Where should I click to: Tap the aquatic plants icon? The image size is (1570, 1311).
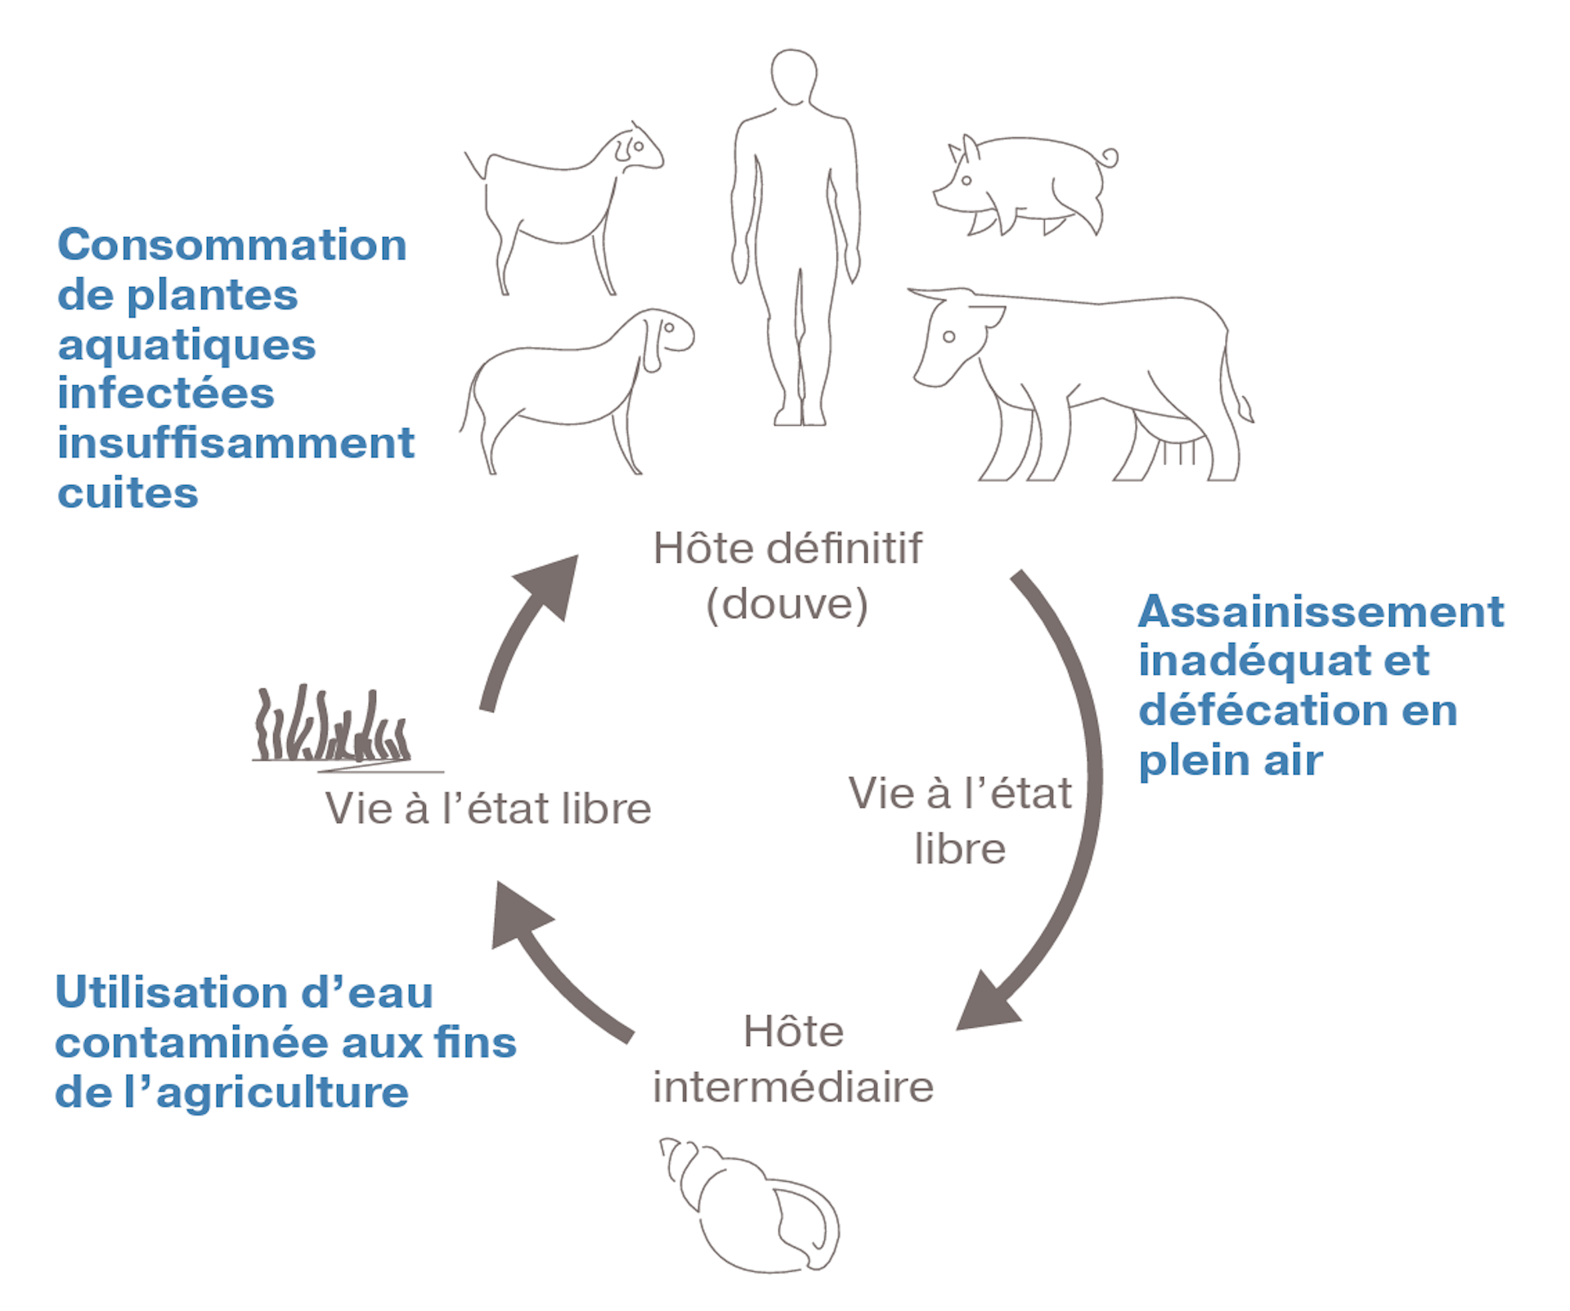331,728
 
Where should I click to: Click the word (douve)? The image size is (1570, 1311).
787,605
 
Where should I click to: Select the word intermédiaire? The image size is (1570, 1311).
793,1088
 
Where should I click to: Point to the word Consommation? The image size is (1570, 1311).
232,245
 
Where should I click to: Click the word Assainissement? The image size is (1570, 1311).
1321,612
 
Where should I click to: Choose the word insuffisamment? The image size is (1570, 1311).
235,443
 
